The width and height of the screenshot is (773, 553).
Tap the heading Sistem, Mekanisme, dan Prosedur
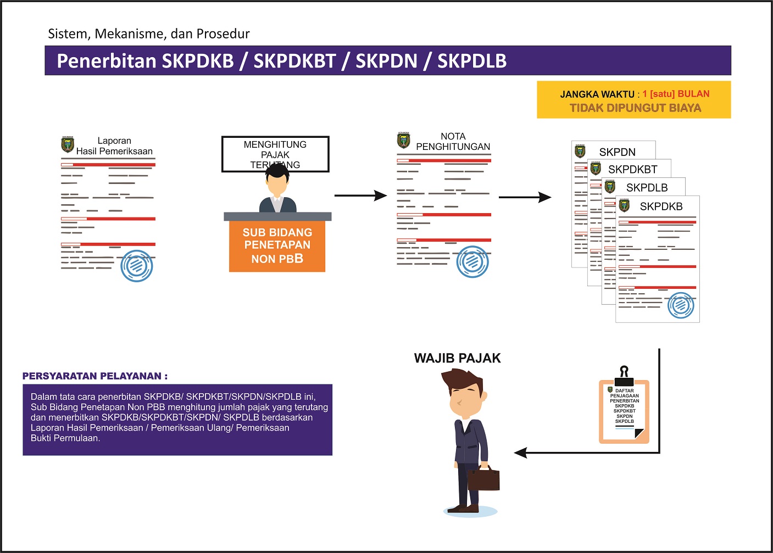tap(148, 34)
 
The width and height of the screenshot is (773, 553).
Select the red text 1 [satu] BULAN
tap(676, 94)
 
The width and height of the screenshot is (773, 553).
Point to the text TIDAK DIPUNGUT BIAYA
tap(635, 108)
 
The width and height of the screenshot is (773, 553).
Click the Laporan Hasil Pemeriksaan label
tap(114, 146)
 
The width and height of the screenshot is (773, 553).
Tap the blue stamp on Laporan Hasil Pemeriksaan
tap(136, 266)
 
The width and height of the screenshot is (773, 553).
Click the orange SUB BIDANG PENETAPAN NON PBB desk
tap(277, 245)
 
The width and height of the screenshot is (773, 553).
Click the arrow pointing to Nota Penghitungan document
tap(360, 195)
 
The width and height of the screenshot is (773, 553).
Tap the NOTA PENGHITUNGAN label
tap(453, 142)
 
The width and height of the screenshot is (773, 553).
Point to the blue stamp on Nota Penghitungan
tap(472, 262)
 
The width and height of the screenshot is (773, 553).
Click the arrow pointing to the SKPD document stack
tap(525, 197)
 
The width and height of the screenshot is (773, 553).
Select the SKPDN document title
tap(617, 152)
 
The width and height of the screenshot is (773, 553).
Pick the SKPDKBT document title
tap(632, 170)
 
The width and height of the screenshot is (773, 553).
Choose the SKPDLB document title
tap(647, 188)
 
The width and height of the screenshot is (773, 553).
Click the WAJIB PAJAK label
tap(457, 359)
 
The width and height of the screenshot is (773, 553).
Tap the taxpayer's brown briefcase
tap(483, 479)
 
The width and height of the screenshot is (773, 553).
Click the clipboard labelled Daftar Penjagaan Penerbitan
tap(624, 409)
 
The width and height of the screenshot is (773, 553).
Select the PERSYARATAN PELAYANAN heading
tap(95, 376)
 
